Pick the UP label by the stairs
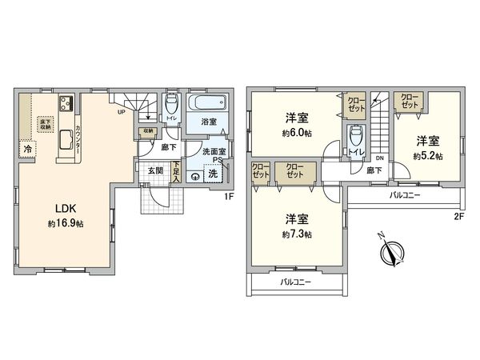click(121, 112)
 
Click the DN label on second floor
click(378, 158)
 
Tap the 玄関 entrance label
click(155, 170)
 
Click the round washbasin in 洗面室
click(194, 177)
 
